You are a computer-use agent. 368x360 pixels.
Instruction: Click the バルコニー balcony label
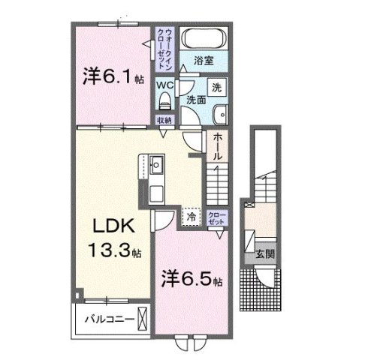pyautogui.click(x=110, y=319)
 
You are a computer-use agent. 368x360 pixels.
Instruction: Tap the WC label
pyautogui.click(x=164, y=85)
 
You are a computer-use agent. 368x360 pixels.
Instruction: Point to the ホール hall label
pyautogui.click(x=217, y=147)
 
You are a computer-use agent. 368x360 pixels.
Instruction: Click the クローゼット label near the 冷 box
pyautogui.click(x=216, y=217)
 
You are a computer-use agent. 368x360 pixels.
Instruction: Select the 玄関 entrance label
pyautogui.click(x=264, y=254)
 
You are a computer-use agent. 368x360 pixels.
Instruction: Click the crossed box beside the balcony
pyautogui.click(x=145, y=319)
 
